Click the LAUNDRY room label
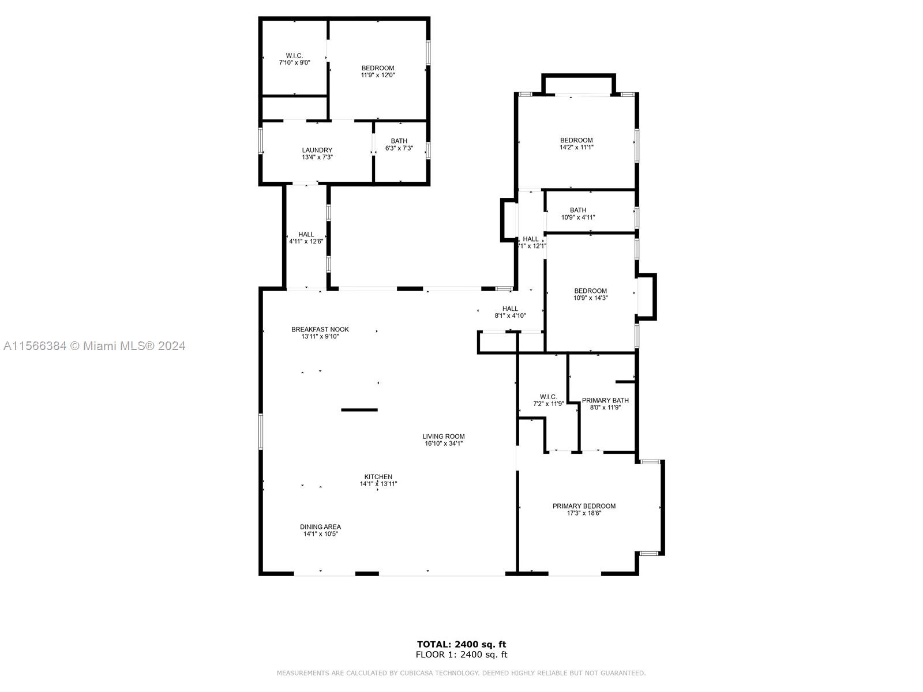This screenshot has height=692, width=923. coord(317,150)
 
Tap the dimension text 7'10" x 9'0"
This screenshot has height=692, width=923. coord(294,63)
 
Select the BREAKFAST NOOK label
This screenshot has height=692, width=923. coord(320,329)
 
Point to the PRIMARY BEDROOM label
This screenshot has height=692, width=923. coord(584,506)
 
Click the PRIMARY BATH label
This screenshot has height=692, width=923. coord(605,400)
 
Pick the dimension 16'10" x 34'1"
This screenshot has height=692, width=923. coord(443,443)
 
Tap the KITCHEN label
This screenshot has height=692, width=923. coord(378,477)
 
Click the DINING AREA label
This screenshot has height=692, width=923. coord(320,526)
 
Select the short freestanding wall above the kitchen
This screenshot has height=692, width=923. coord(359,410)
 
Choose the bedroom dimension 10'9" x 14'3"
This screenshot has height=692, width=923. coord(590,298)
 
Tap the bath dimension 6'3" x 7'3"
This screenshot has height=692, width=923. coord(399,148)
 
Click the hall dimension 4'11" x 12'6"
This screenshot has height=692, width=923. coord(306,242)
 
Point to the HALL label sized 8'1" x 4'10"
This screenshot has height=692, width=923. coord(510,309)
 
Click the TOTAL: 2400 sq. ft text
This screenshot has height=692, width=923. coord(461,644)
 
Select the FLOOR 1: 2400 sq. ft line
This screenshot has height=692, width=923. coord(461,655)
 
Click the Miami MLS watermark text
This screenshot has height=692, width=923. coord(94,346)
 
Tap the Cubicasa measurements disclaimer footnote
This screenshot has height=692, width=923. coord(461,673)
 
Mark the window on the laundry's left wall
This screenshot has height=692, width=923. coord(261,140)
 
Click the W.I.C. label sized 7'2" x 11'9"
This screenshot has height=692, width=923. coord(548,397)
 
